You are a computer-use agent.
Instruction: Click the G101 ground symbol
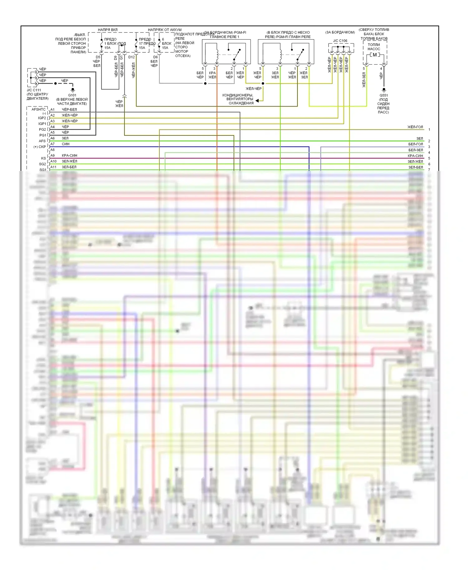coord(73,90)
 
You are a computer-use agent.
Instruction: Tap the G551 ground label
coord(383,95)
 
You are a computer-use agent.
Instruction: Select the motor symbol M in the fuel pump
coord(374,55)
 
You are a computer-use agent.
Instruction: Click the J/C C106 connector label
coord(340,41)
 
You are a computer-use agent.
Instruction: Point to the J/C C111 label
coord(34,90)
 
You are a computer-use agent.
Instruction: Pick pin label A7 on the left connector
coord(52,144)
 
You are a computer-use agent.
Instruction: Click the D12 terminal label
coord(131,57)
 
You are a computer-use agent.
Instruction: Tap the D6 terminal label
coord(155,57)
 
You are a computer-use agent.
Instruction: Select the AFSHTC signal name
coord(39,109)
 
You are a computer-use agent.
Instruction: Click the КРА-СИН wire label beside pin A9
coord(69,156)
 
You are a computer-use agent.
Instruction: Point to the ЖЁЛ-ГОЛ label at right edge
coord(415,127)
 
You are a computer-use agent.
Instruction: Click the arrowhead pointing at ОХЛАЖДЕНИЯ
coord(257,101)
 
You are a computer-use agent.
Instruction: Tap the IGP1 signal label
coord(42,124)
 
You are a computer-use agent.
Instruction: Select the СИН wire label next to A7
coord(66,144)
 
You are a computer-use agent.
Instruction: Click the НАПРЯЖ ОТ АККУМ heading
coord(164,30)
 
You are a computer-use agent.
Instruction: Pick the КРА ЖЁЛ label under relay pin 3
coord(212,75)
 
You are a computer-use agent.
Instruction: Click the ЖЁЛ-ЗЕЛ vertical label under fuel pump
coord(364,80)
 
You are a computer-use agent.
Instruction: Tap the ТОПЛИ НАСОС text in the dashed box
coord(374,47)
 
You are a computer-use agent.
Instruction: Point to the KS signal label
coord(43,158)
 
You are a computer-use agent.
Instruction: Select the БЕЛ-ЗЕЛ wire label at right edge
coord(416,150)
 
